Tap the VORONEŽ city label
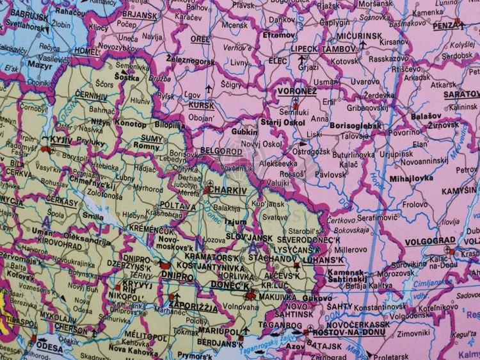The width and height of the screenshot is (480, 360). point(296,91)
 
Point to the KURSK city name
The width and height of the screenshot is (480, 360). point(202,105)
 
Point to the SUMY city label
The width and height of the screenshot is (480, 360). point(152,138)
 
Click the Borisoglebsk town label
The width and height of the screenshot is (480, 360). point(355,126)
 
